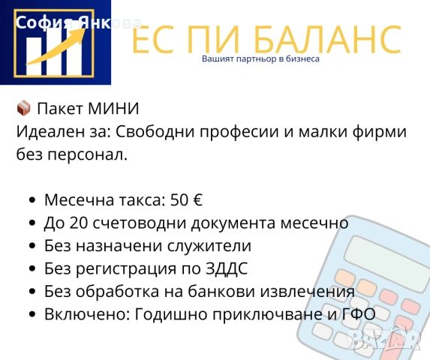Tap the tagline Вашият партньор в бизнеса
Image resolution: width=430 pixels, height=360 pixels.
(x=261, y=58)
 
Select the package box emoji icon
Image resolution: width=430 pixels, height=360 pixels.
(x=23, y=109)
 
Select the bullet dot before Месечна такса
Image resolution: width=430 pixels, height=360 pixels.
(x=32, y=201)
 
